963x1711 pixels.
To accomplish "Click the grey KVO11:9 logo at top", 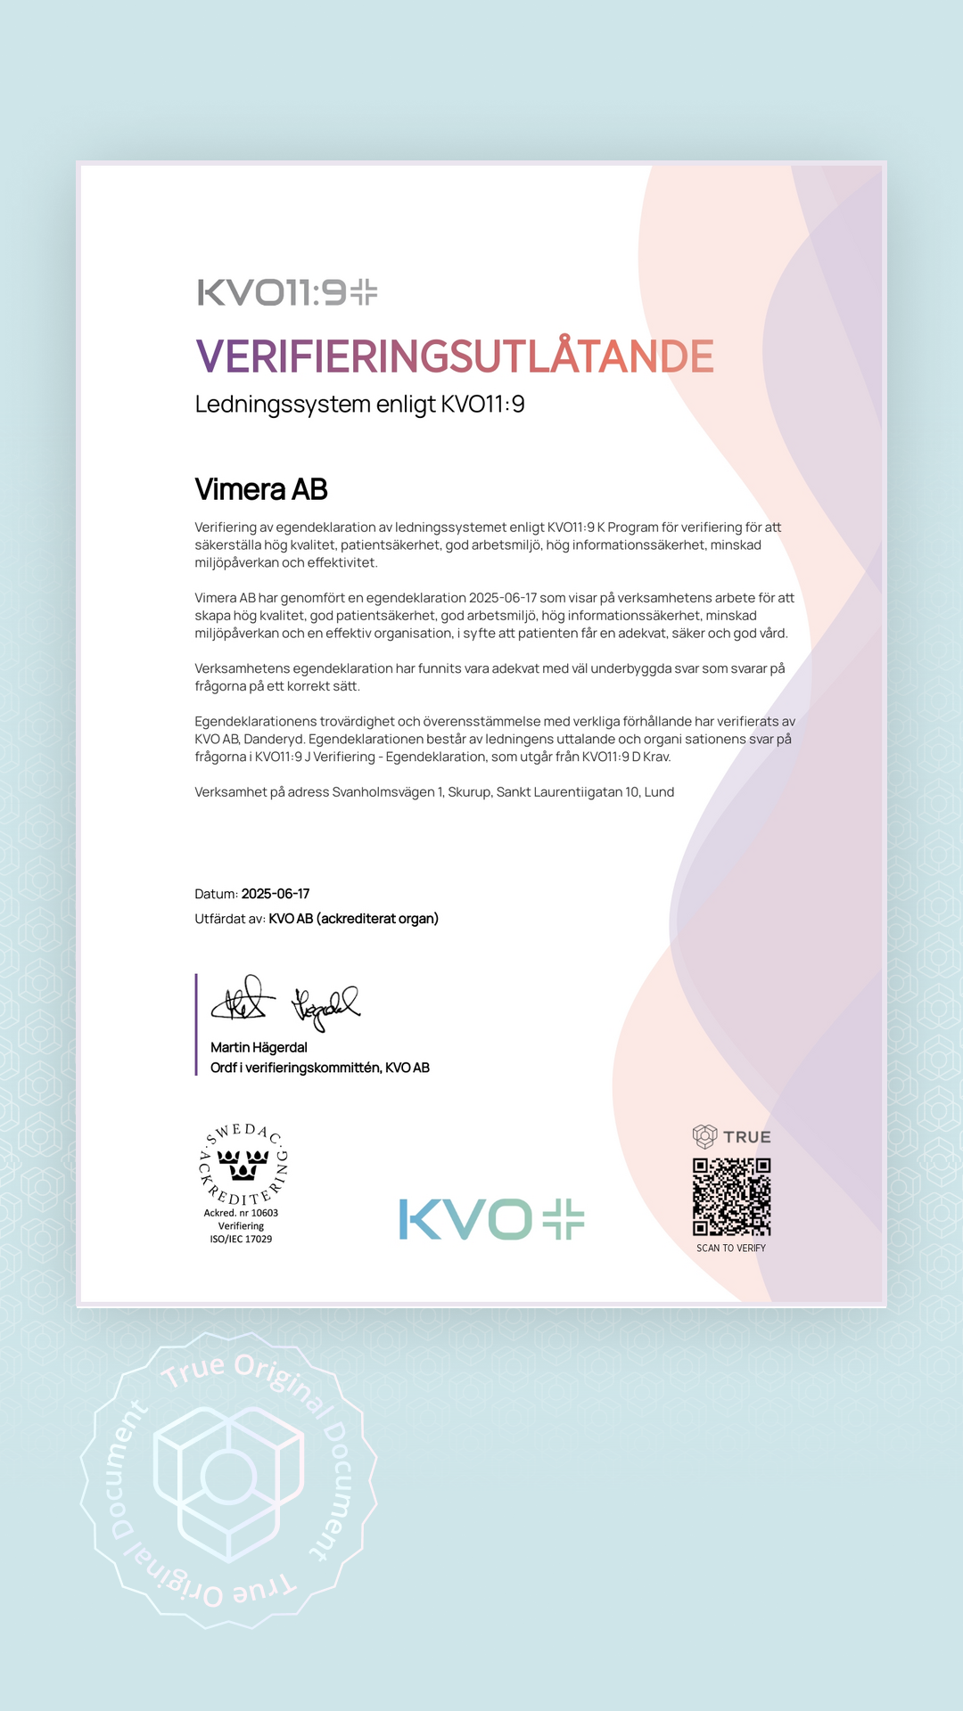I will [287, 292].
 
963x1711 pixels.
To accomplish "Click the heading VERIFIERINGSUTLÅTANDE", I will [454, 356].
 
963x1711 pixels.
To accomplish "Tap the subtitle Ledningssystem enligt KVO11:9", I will [359, 405].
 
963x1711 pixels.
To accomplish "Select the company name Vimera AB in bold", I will [261, 489].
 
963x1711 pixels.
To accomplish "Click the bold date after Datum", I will [276, 894].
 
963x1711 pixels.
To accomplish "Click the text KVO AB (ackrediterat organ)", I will [354, 919].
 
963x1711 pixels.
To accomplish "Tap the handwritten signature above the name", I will [285, 1003].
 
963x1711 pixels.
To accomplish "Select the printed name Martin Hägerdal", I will [259, 1048].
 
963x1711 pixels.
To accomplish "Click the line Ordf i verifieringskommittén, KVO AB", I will [320, 1068].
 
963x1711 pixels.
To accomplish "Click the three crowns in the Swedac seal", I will [243, 1164].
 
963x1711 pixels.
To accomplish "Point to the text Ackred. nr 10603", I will [241, 1213].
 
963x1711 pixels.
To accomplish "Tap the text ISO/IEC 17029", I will [241, 1239].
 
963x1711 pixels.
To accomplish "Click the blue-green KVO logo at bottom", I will [491, 1219].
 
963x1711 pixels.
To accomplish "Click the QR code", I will [731, 1197].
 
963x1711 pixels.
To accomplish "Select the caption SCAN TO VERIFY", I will [731, 1248].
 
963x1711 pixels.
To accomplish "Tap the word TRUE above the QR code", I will [747, 1137].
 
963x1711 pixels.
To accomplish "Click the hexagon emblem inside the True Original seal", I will [229, 1479].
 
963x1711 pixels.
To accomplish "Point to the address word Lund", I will [660, 792].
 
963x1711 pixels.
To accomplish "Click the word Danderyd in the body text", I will [274, 739].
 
